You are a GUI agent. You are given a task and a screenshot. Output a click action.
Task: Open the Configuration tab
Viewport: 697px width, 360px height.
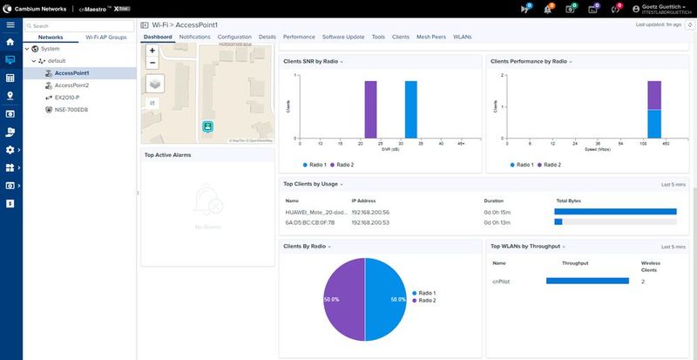234,37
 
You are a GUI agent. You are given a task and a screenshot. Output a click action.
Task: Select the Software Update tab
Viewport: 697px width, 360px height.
343,37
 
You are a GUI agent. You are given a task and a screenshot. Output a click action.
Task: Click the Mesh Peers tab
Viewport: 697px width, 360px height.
430,37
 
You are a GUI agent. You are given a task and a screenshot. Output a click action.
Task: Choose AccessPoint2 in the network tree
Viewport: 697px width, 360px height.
71,85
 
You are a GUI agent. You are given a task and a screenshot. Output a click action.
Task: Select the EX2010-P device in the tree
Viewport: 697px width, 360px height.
66,98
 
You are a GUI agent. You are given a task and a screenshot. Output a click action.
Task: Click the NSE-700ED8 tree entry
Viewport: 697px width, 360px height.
71,110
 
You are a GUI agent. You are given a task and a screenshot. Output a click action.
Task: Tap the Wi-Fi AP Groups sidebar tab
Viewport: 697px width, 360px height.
105,37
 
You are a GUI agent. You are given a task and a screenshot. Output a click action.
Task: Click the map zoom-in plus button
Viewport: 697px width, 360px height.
152,51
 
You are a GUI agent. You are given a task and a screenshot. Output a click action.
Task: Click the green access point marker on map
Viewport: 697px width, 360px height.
208,127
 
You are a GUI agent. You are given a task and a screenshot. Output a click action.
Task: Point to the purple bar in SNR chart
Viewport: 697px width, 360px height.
370,111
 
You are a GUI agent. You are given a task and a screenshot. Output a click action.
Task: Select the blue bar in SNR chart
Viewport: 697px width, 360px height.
410,111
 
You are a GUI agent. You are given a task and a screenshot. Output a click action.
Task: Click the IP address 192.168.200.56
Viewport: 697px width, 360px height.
370,212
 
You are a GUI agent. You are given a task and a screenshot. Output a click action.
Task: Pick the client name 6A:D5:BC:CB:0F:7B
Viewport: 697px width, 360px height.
309,222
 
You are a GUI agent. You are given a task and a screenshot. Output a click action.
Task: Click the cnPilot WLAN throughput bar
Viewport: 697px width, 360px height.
586,281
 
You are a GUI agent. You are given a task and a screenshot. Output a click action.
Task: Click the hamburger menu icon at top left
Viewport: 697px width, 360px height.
10,25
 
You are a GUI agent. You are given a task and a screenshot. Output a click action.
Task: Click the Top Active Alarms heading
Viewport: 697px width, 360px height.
167,154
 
